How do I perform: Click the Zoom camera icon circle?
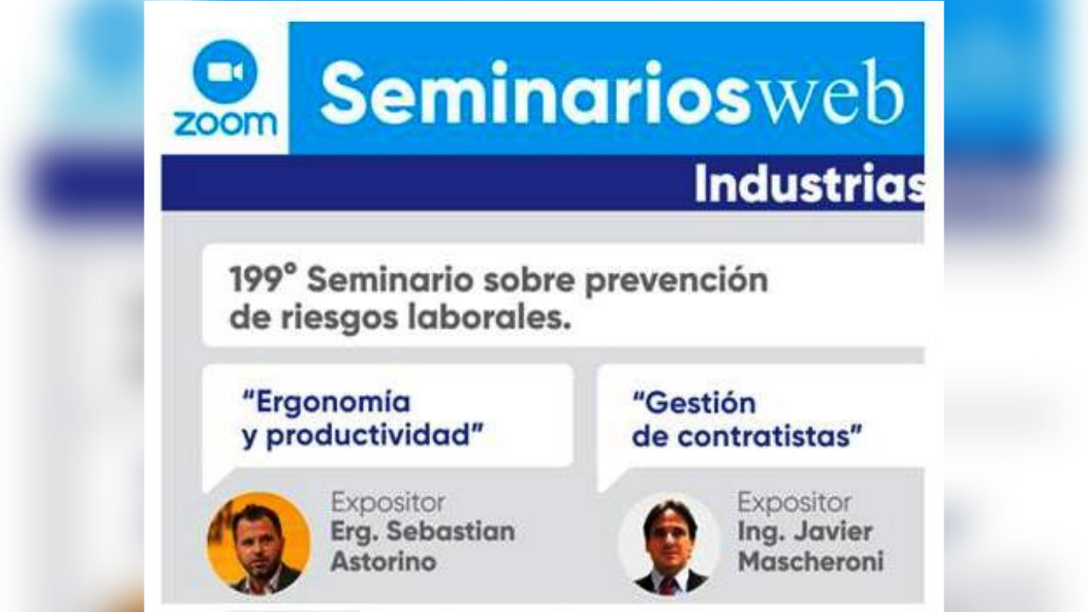click(x=225, y=71)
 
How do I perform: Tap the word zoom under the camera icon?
click(x=225, y=122)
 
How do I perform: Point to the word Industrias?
click(x=808, y=184)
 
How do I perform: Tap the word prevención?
click(x=676, y=280)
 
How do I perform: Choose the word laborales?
click(x=493, y=318)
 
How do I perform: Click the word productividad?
click(x=375, y=436)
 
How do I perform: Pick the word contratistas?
click(x=770, y=437)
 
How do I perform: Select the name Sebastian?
click(x=450, y=531)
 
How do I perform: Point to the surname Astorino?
click(x=383, y=561)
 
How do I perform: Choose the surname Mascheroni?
click(x=810, y=561)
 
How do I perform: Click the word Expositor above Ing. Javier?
click(x=794, y=502)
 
